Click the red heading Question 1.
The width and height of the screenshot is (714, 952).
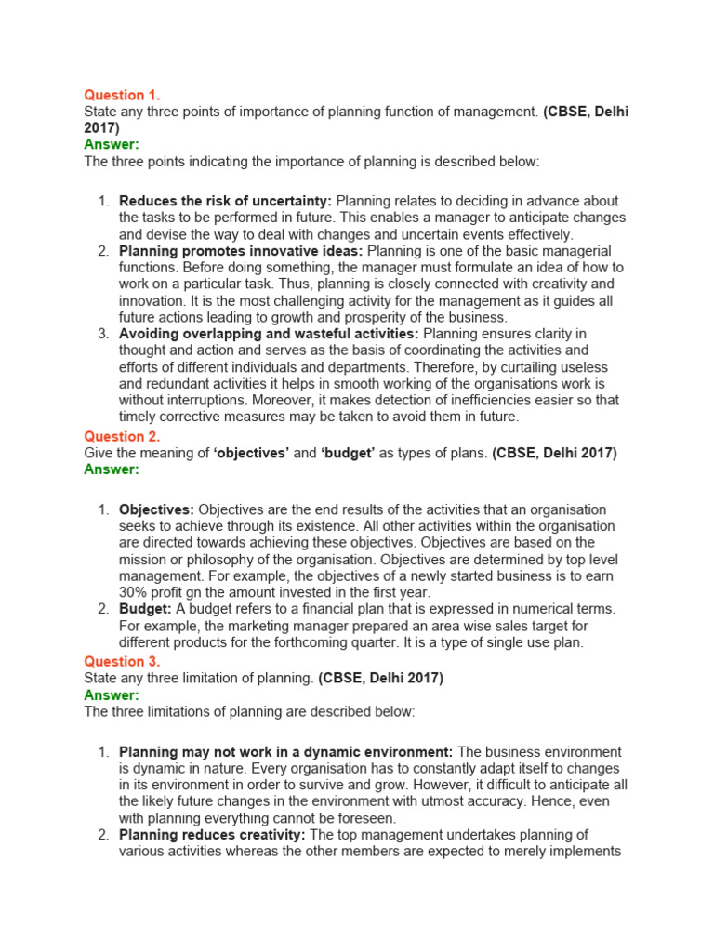115,95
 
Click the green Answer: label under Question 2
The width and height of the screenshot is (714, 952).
112,469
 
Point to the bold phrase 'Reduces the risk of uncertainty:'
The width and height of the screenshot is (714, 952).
225,201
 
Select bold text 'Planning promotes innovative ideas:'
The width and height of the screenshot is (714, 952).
242,251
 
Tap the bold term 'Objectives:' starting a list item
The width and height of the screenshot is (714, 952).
156,509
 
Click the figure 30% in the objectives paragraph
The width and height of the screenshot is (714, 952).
134,592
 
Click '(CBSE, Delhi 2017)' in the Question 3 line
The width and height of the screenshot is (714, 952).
380,679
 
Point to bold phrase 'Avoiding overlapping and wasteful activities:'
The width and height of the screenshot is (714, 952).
269,334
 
